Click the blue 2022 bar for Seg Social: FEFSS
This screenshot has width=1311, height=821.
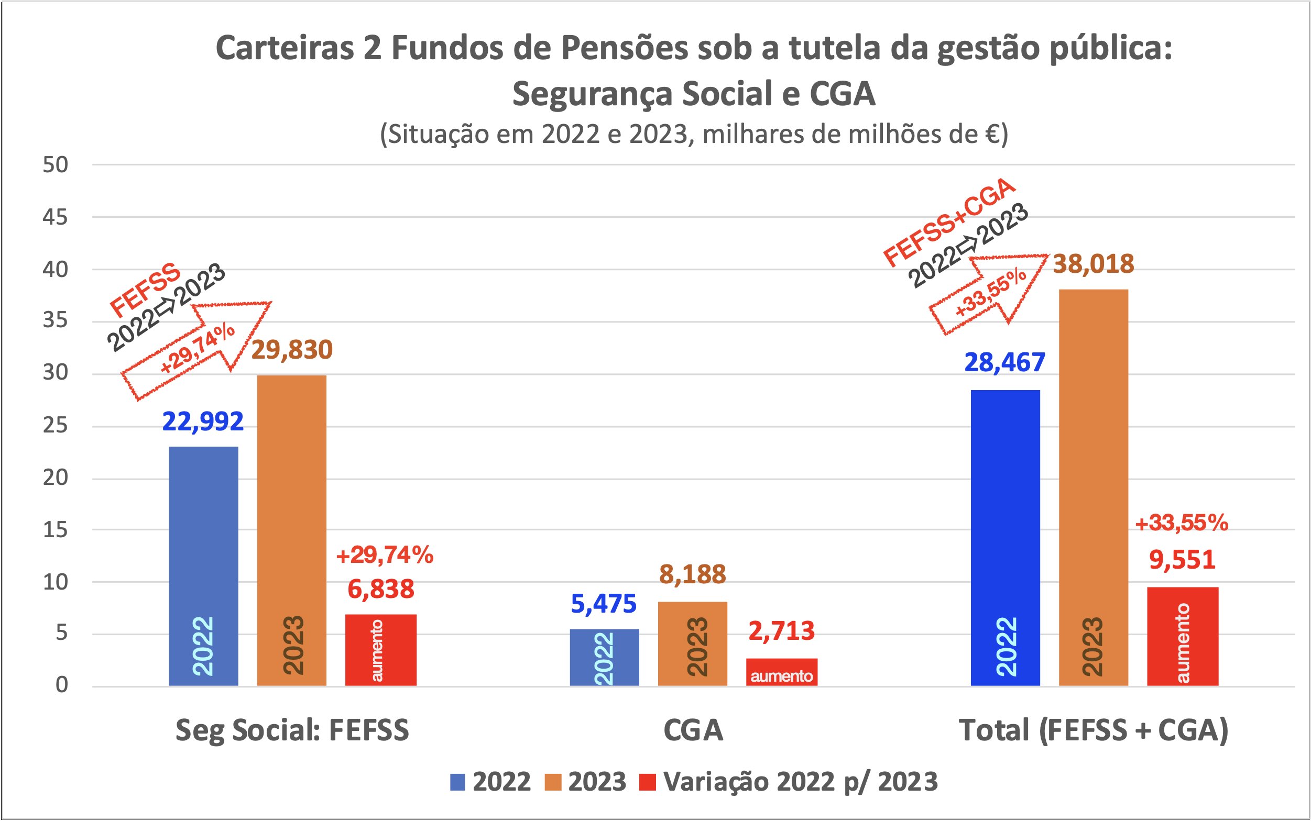[203, 565]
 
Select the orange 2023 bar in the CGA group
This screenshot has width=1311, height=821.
[692, 644]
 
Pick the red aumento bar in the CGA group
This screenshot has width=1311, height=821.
[781, 672]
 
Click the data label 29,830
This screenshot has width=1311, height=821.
[292, 350]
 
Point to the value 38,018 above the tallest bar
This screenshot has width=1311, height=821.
[1093, 264]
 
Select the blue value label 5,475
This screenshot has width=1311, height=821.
[603, 604]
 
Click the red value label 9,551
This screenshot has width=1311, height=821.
[1182, 560]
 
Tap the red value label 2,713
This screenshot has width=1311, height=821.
[781, 631]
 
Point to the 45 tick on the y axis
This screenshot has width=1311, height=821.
[55, 218]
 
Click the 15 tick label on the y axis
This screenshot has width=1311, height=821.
[55, 530]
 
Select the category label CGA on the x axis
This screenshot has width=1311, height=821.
[693, 730]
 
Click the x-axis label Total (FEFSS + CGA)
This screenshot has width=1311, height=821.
[1093, 730]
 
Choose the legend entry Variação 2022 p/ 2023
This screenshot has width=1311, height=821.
[800, 782]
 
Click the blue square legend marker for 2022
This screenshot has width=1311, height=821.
[457, 782]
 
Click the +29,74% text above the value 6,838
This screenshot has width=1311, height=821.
[384, 555]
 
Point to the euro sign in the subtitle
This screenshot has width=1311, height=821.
[992, 134]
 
